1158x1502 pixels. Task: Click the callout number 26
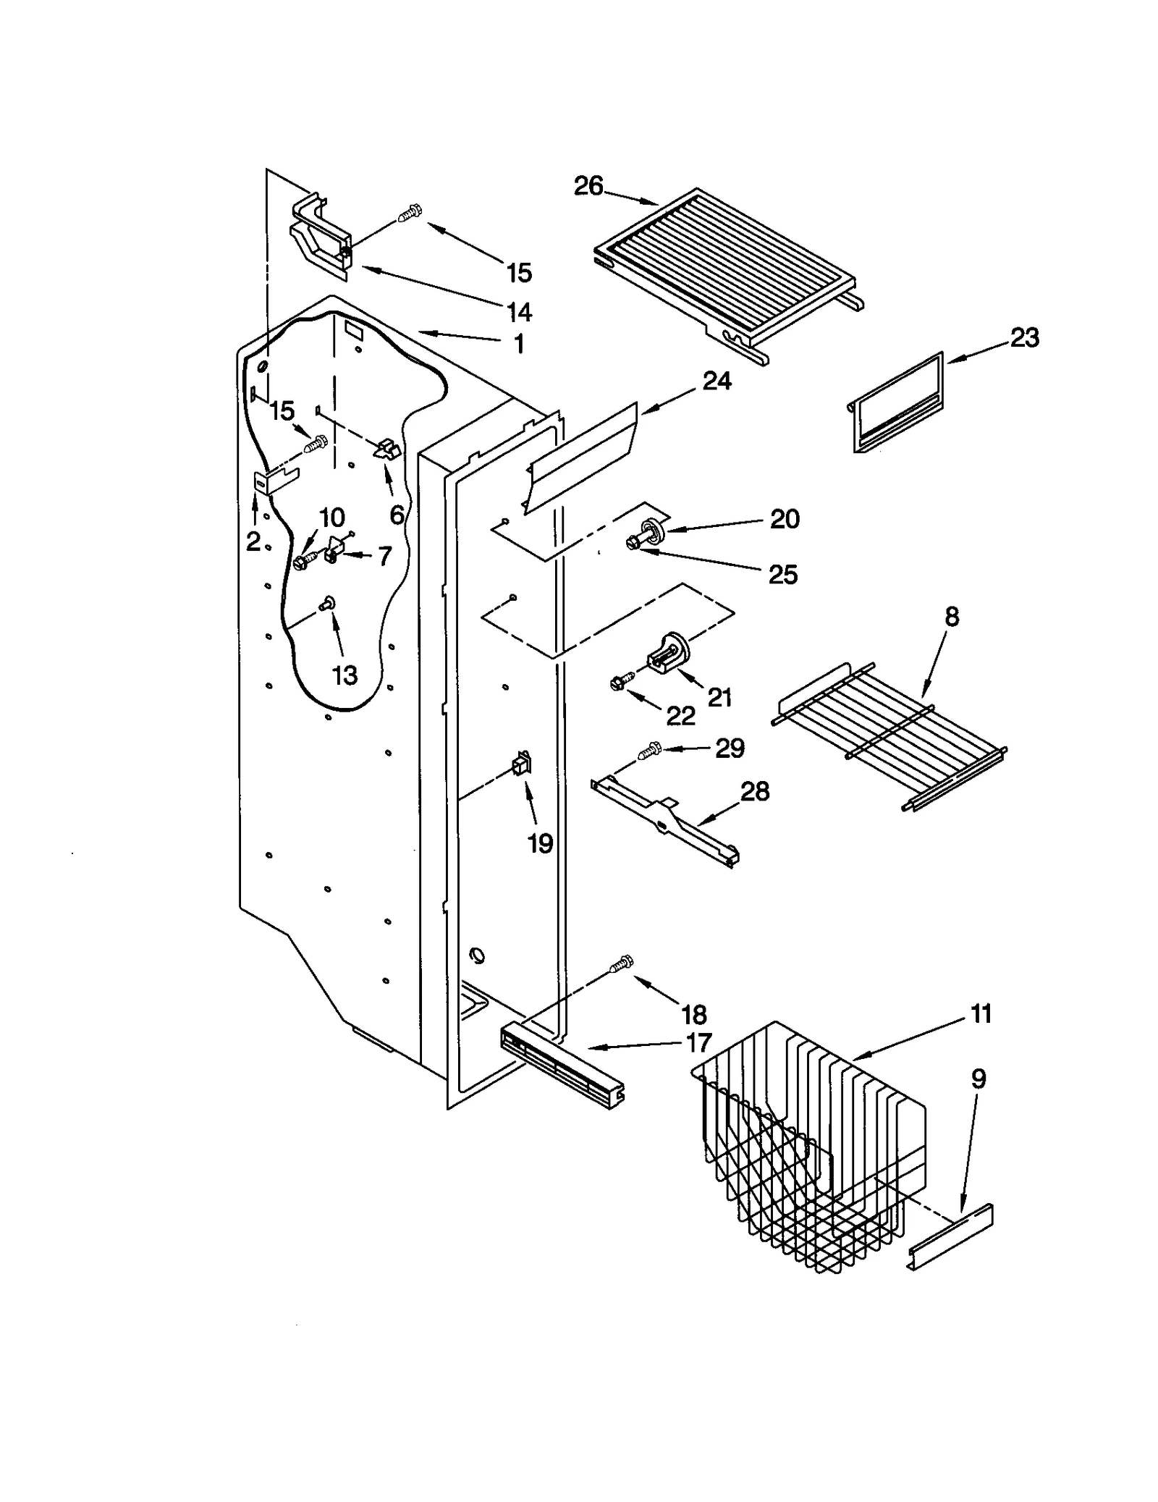pos(588,186)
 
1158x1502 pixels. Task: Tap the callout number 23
pos(1024,337)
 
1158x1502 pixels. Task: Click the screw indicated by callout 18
pos(620,963)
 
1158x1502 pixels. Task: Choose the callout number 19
pos(540,843)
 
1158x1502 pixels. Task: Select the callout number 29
pos(730,748)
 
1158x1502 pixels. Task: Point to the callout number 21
pos(719,697)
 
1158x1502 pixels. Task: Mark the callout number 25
pos(782,575)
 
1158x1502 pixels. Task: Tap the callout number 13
pos(345,675)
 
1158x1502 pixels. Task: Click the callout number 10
pos(331,518)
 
